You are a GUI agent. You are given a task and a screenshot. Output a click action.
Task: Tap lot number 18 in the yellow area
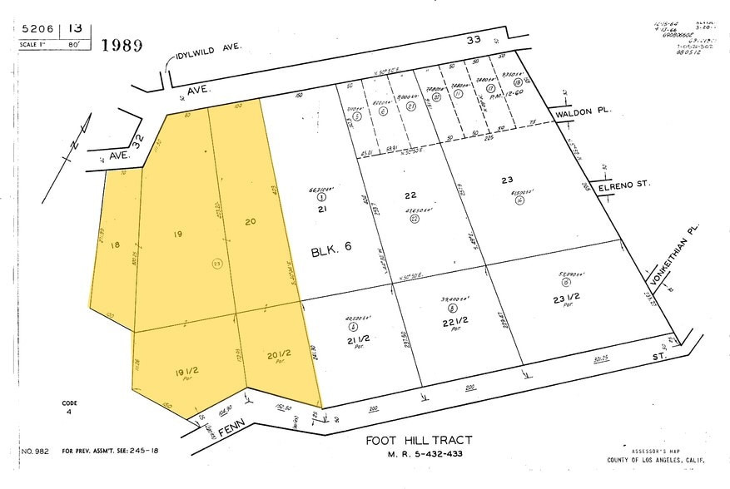(x=115, y=245)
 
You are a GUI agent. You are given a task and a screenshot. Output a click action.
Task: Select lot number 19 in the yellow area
(x=177, y=235)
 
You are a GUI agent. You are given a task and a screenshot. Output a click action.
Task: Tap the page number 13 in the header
(x=75, y=28)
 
